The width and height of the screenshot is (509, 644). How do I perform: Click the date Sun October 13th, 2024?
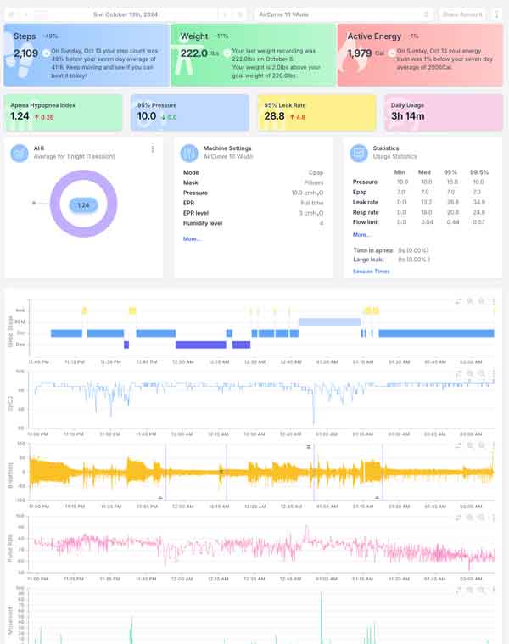[125, 14]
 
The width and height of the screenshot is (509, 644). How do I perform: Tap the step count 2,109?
[25, 53]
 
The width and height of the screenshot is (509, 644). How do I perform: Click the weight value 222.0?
[194, 53]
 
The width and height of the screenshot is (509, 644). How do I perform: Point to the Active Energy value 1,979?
[360, 53]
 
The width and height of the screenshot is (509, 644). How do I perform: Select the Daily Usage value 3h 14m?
[408, 116]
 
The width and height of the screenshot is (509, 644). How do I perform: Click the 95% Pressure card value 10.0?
[147, 116]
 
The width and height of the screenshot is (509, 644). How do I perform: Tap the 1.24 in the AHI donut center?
[83, 205]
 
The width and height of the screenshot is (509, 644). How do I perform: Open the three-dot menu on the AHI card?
[153, 149]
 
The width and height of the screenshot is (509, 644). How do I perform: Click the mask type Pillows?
[316, 182]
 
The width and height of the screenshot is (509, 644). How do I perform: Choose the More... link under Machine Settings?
[192, 239]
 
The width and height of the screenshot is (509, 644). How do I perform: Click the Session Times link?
[371, 272]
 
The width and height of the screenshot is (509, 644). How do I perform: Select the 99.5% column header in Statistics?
[479, 172]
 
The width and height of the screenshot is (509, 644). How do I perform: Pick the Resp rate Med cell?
[426, 211]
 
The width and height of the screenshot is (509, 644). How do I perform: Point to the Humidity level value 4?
[322, 223]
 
